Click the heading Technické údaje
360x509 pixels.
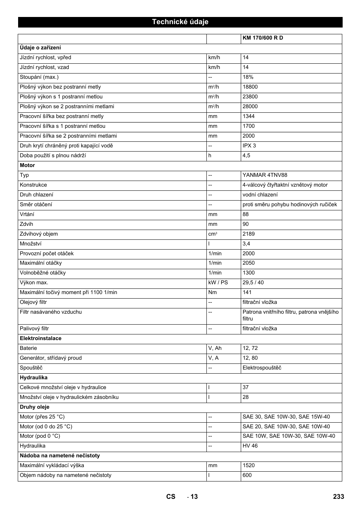(x=180, y=22)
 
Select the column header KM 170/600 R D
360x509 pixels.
(x=263, y=38)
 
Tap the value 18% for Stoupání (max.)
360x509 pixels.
(x=248, y=77)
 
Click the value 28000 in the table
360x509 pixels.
(x=250, y=107)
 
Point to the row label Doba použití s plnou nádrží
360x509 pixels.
(x=53, y=156)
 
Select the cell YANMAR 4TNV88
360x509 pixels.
(x=265, y=175)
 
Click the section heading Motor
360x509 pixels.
(x=27, y=166)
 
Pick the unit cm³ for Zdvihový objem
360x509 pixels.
(x=212, y=234)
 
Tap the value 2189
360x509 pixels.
(x=248, y=234)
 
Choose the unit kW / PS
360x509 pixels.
(x=218, y=283)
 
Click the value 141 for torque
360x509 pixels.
(x=247, y=293)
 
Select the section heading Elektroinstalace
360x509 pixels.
(x=40, y=339)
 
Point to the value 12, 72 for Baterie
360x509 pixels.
(x=250, y=348)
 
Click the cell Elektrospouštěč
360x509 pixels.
(x=262, y=368)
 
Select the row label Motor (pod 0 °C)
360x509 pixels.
(x=40, y=436)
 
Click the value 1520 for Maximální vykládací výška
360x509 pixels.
(x=248, y=466)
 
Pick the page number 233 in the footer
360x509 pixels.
(x=338, y=497)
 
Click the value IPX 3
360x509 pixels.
(x=249, y=146)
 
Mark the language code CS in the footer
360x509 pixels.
(x=171, y=497)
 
